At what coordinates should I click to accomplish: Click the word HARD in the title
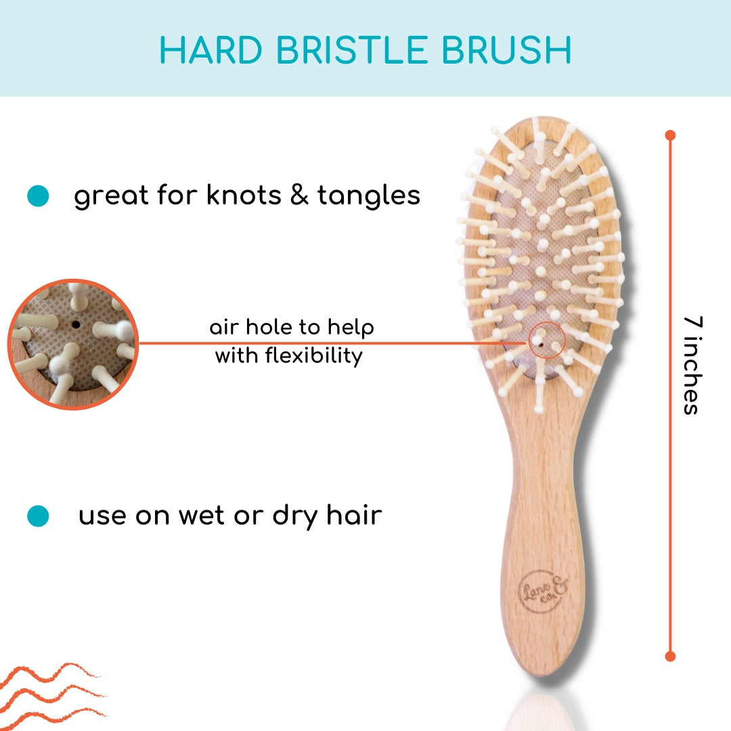(211, 50)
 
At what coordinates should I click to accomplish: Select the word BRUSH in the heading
(506, 50)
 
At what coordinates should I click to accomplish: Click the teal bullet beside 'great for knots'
(38, 196)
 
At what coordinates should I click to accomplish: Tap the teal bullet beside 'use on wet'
(38, 516)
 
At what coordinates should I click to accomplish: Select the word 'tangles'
(369, 196)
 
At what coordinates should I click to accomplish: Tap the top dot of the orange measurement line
(670, 135)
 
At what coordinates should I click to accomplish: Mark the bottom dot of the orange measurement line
(670, 657)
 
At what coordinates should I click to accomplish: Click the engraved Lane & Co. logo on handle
(544, 591)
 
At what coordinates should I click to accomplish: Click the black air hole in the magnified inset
(76, 324)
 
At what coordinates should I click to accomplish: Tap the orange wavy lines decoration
(51, 696)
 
